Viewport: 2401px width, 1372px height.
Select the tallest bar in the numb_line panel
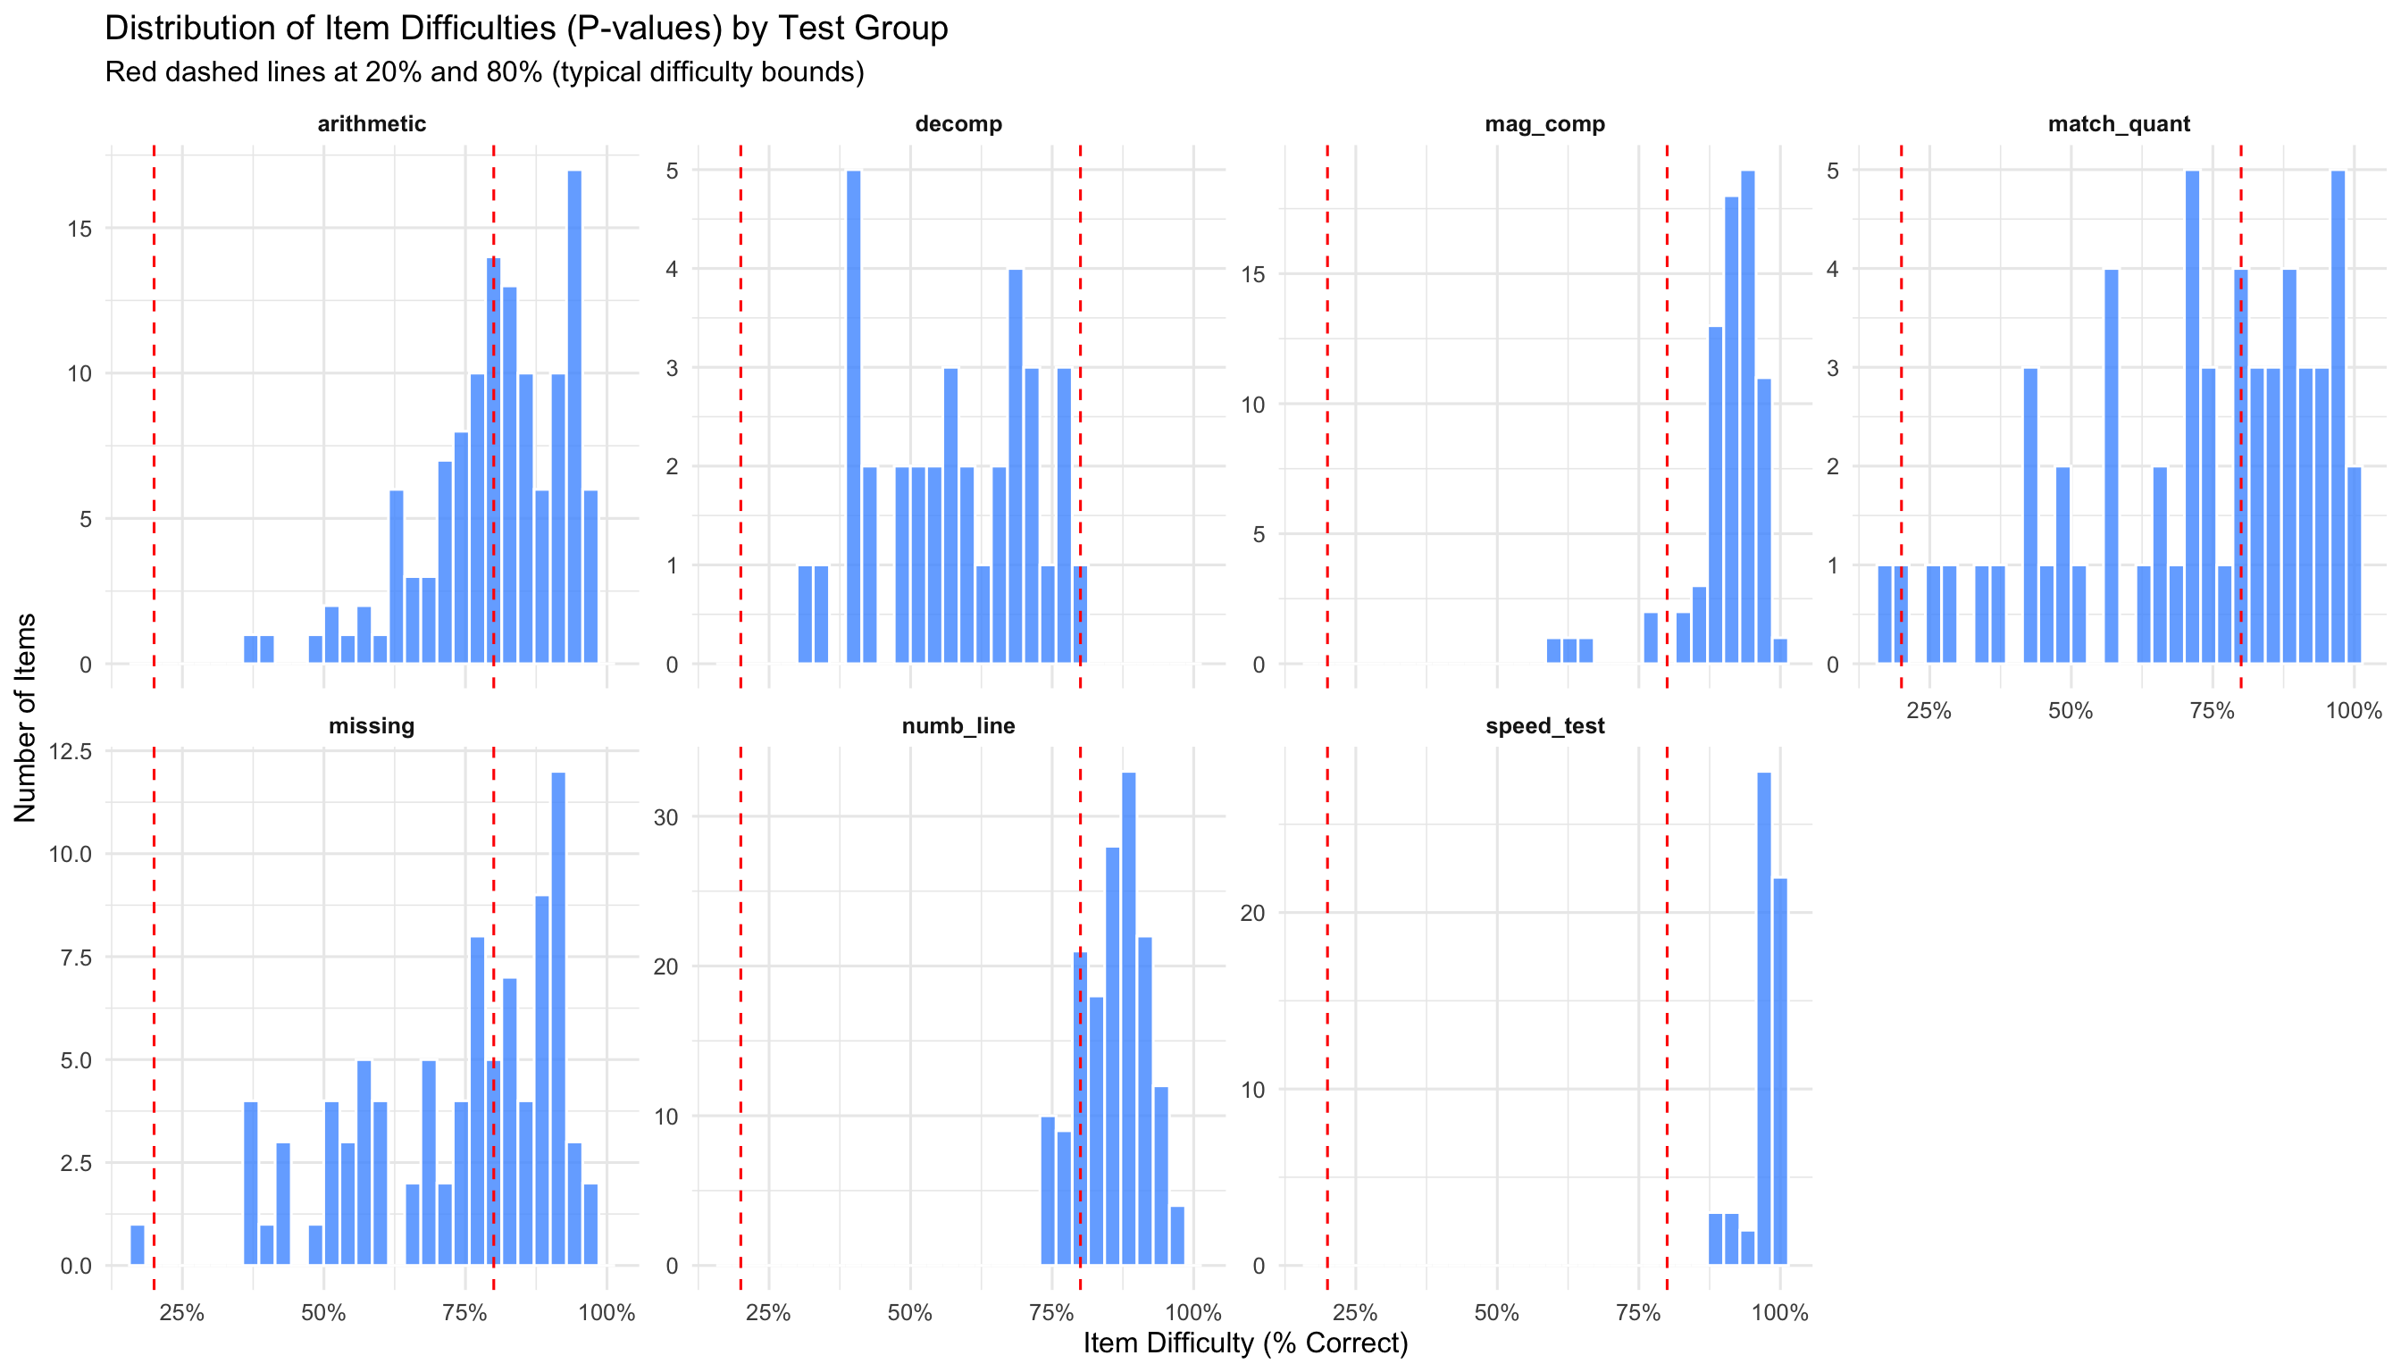[1128, 1017]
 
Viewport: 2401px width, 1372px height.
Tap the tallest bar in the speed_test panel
[1764, 1017]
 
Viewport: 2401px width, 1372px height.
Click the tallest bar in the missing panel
[558, 1017]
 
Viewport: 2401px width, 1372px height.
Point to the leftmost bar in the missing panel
[138, 1244]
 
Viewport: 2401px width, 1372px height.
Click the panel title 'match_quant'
[2119, 124]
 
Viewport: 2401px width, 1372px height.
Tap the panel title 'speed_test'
[1544, 726]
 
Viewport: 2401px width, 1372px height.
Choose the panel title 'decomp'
[958, 124]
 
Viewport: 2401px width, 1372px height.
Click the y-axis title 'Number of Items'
[25, 717]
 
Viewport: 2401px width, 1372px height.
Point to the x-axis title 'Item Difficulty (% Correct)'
[1245, 1343]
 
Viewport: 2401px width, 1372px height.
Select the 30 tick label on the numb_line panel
[666, 817]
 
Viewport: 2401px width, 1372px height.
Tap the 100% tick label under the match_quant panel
[2353, 710]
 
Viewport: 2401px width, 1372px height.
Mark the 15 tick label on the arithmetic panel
[80, 229]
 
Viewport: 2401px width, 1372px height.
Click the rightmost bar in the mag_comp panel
[1780, 651]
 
